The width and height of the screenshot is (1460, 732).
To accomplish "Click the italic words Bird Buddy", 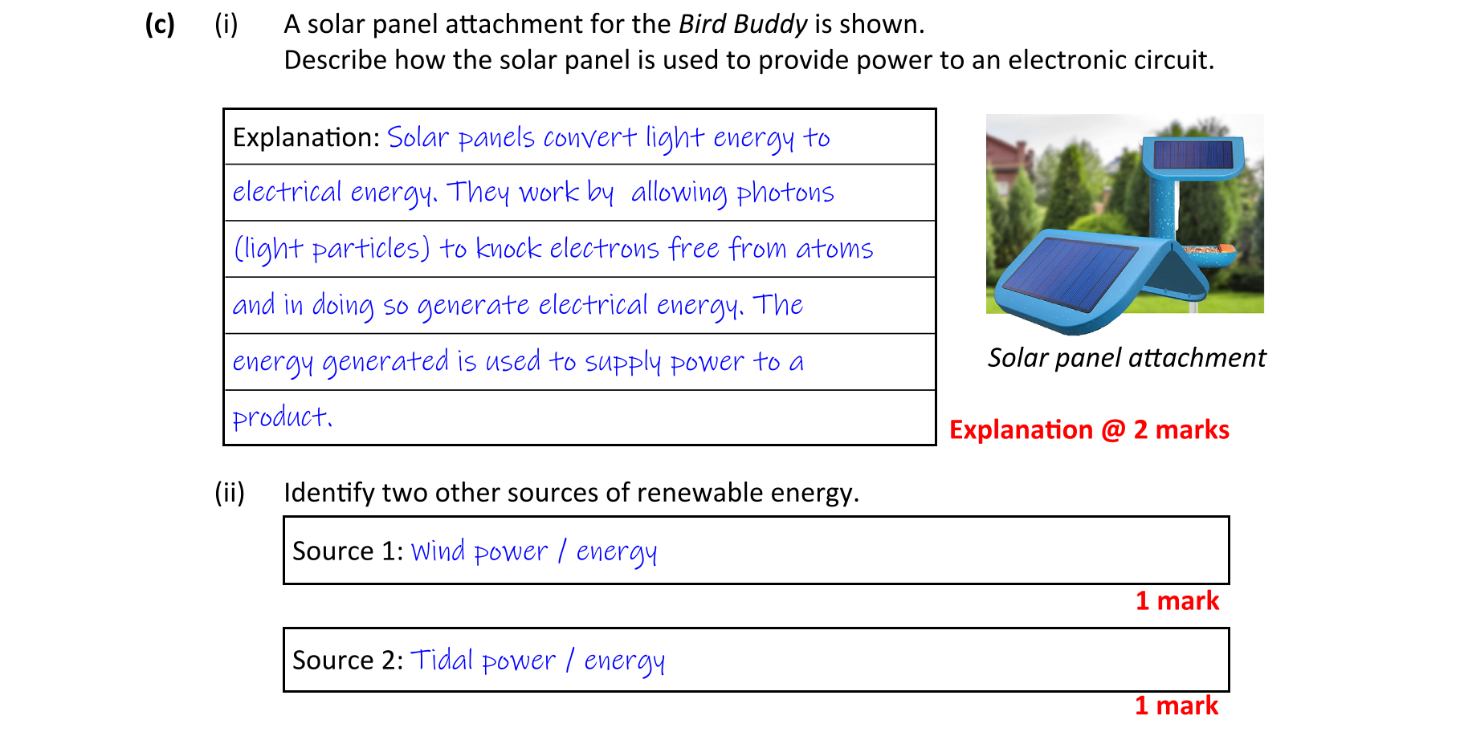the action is [743, 25].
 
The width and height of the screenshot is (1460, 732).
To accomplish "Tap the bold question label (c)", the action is [160, 25].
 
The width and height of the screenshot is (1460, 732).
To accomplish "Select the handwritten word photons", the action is [785, 193].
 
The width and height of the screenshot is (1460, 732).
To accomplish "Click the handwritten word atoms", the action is [834, 250].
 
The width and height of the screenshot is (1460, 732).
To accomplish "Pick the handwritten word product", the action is [282, 417].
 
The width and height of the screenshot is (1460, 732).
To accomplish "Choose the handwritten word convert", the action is [589, 138].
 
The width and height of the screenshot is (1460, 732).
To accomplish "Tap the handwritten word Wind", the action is [438, 551].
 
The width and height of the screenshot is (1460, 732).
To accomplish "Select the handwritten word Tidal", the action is [442, 660].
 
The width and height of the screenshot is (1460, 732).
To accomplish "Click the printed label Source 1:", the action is [348, 551].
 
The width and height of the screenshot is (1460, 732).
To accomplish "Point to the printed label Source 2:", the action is [348, 661].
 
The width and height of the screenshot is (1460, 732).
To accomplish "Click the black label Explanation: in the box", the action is [306, 138].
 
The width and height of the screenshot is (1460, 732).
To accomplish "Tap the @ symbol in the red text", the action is [1113, 430].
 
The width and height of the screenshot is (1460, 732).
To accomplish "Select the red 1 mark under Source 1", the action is [1177, 601].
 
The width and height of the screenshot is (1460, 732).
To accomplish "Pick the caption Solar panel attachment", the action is [1127, 358].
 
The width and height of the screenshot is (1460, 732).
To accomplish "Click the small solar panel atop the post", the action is [1193, 154].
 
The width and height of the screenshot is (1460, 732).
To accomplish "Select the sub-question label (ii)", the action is [229, 493].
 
